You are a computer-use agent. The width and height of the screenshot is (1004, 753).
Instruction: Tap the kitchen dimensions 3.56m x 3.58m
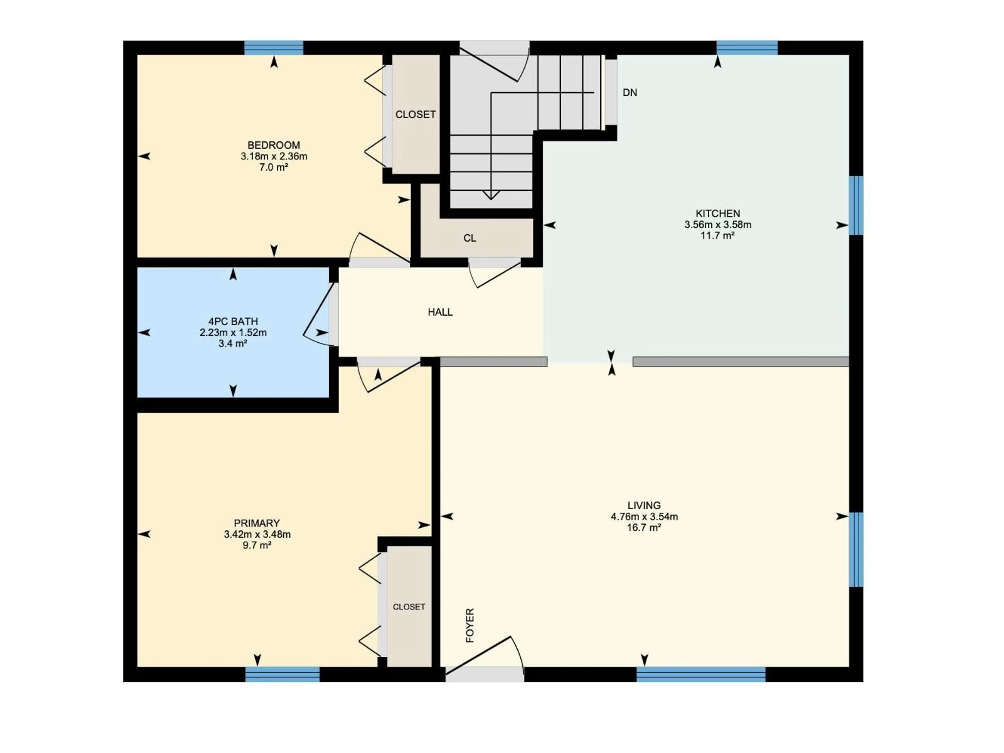718,225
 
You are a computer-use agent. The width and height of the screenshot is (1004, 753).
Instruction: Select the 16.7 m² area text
644,527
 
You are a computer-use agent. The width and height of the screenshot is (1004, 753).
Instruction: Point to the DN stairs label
630,93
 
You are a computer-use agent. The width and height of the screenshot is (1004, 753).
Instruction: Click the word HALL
440,312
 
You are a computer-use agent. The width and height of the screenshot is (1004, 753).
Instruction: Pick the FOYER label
470,625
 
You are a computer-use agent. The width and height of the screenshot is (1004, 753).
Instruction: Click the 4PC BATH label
233,321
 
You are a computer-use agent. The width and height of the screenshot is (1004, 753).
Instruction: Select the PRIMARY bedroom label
257,523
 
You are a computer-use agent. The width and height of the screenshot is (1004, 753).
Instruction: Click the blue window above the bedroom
274,48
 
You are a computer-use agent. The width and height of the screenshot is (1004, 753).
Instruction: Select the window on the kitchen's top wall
747,48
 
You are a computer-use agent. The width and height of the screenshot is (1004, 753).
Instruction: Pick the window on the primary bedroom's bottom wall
282,675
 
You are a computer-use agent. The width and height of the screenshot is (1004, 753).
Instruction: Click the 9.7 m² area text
257,545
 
